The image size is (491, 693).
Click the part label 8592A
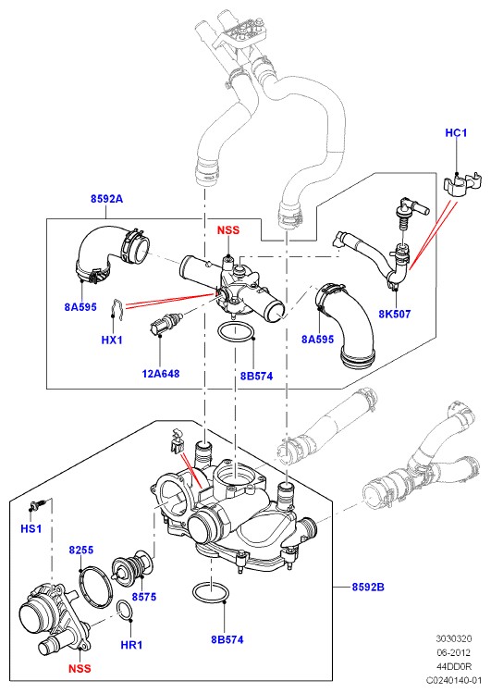[x=107, y=199]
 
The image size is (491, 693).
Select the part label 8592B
[x=368, y=587]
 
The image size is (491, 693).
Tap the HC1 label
[x=456, y=132]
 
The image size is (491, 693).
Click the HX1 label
[x=112, y=340]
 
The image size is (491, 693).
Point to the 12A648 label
[x=161, y=374]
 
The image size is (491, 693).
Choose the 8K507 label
[x=394, y=314]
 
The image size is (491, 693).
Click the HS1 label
[x=31, y=528]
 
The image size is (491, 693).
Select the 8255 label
[x=81, y=550]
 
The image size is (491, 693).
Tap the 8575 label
[x=144, y=597]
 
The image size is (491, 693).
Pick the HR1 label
[x=131, y=645]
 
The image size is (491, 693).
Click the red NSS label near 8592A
[x=228, y=229]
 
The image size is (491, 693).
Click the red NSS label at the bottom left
[x=80, y=668]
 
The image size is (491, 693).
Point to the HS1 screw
[x=38, y=504]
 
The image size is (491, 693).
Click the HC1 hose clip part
[x=461, y=184]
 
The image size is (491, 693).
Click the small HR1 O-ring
[x=125, y=612]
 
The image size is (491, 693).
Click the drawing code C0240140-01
[x=453, y=680]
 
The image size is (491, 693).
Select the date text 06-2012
[x=453, y=652]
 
